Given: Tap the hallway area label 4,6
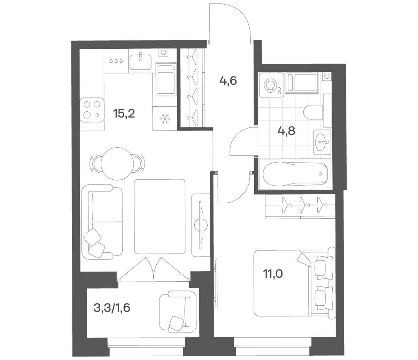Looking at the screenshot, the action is coord(228,81).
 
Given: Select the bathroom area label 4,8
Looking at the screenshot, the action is coord(287,131).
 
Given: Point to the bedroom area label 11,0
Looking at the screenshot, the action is coord(273,274).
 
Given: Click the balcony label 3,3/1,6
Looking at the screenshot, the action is coord(112,308).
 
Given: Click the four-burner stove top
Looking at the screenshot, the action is coord(92,110).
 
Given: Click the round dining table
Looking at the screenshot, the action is coord(117,164).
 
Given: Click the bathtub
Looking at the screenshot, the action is coord(295,174).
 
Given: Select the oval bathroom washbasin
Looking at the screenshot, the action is coord(322,142).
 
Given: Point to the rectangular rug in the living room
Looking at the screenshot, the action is coord(160,216).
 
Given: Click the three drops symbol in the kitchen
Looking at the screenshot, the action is coord(116,61).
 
